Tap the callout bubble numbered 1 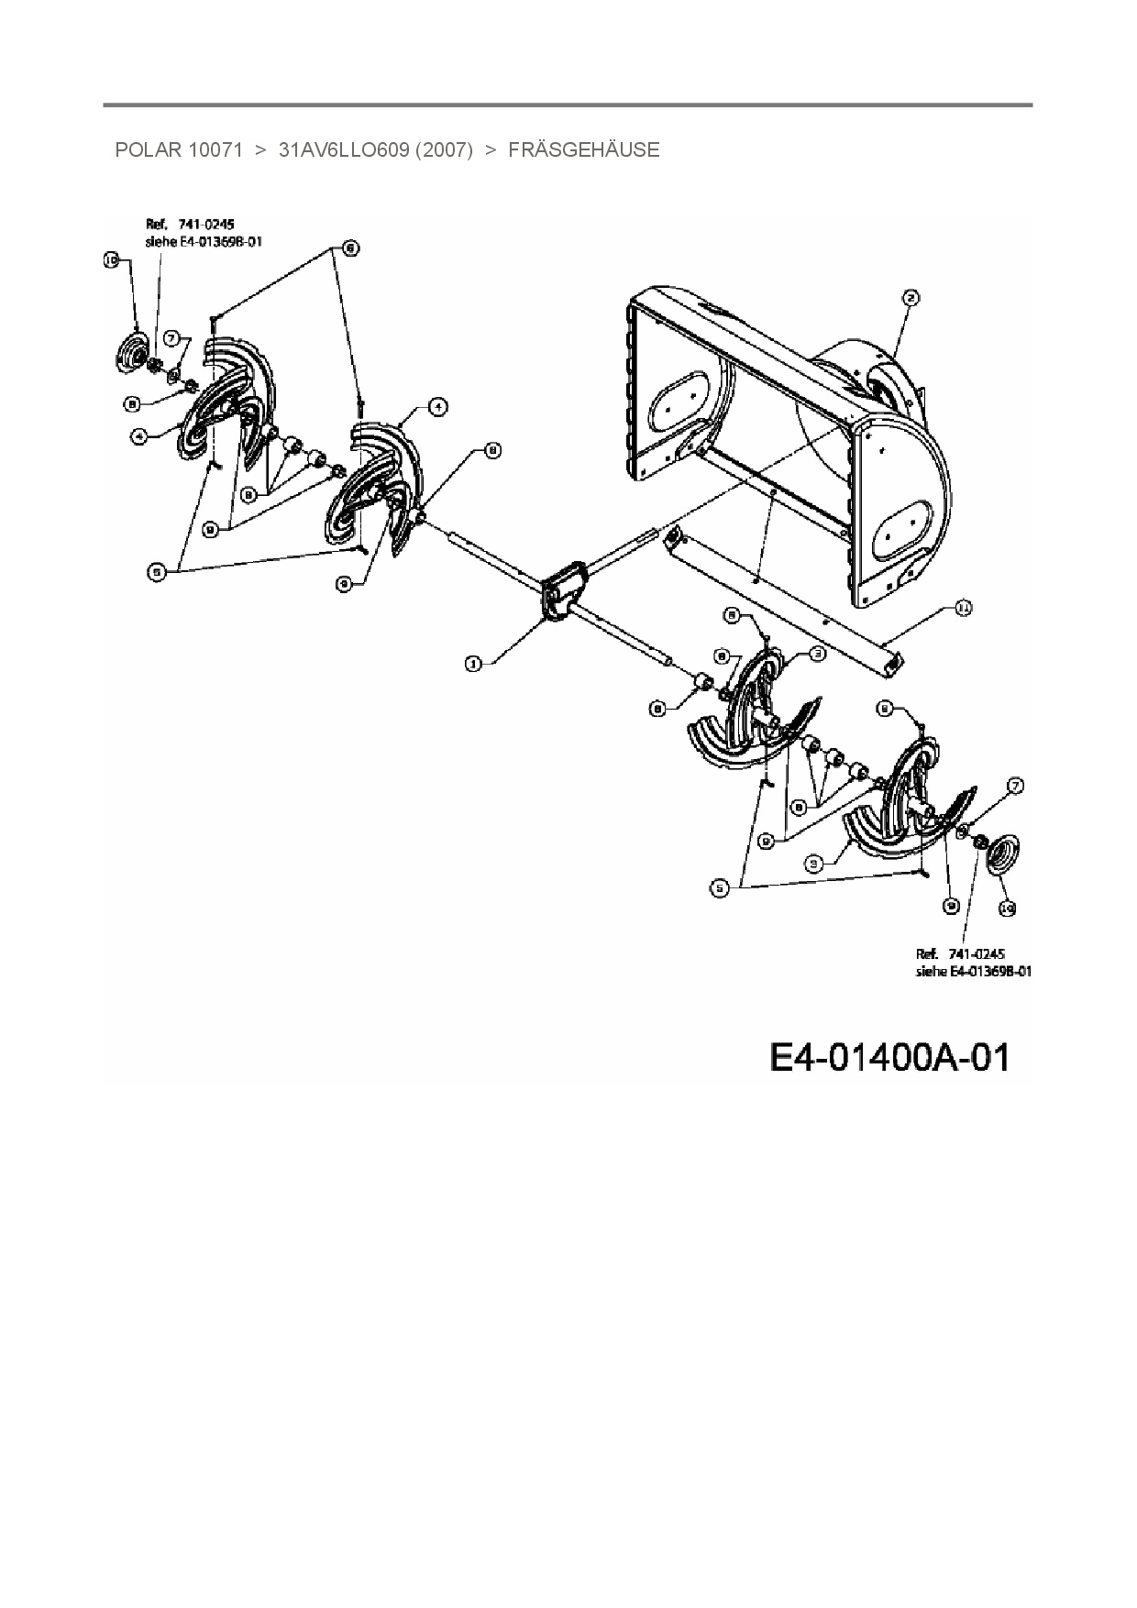[x=473, y=664]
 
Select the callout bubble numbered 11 [x=963, y=608]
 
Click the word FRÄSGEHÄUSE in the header [x=583, y=149]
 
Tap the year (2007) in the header [x=444, y=149]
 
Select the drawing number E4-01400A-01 [x=889, y=1057]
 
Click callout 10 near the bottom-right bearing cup [x=1007, y=908]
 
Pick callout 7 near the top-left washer [x=171, y=337]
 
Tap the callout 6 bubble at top [x=349, y=247]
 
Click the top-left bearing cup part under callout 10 [x=134, y=354]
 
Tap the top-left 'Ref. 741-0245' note [x=191, y=224]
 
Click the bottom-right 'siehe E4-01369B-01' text [x=973, y=971]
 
